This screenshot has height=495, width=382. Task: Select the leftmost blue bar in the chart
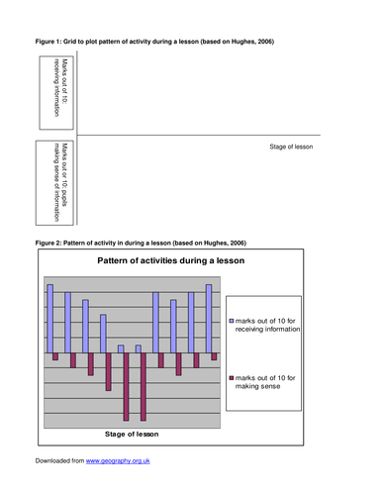(x=49, y=318)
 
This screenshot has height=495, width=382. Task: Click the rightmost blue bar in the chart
(x=209, y=318)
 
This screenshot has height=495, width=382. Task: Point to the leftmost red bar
(x=56, y=355)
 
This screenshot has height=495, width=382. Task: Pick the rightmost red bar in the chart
(x=215, y=355)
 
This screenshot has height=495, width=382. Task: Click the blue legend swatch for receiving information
(x=233, y=322)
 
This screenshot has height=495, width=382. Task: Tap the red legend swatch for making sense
(x=233, y=377)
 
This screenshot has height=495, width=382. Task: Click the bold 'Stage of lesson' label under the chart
(x=132, y=434)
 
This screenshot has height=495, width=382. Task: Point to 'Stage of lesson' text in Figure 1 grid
(x=294, y=147)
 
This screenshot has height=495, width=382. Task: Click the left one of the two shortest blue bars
(x=121, y=347)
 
